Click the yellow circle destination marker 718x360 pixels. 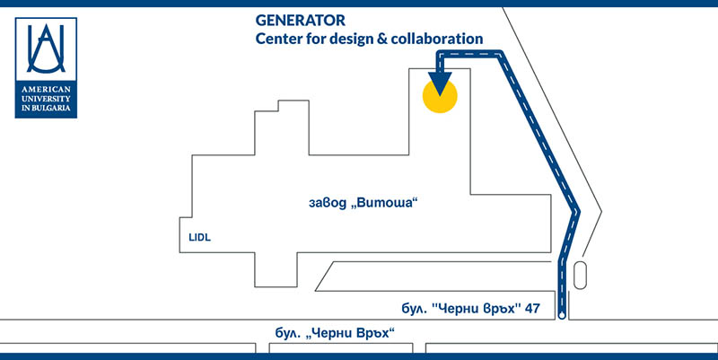tap(440, 96)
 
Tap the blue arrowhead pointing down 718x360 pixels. tap(440, 83)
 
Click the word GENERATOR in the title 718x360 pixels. tap(301, 20)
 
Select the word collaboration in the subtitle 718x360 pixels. tap(437, 39)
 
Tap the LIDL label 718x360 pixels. tap(199, 238)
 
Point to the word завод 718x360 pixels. tap(328, 203)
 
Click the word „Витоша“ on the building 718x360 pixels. tap(385, 203)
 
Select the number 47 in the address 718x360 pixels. tap(532, 309)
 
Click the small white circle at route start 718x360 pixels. tap(562, 316)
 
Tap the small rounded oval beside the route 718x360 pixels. tap(580, 275)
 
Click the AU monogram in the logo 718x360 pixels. tap(46, 48)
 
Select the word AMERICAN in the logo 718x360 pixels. tap(46, 89)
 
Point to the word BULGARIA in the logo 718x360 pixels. tap(51, 108)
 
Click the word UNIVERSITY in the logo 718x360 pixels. tap(46, 99)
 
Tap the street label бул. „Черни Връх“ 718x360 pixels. tap(335, 333)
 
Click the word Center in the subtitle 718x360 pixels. tap(276, 39)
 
